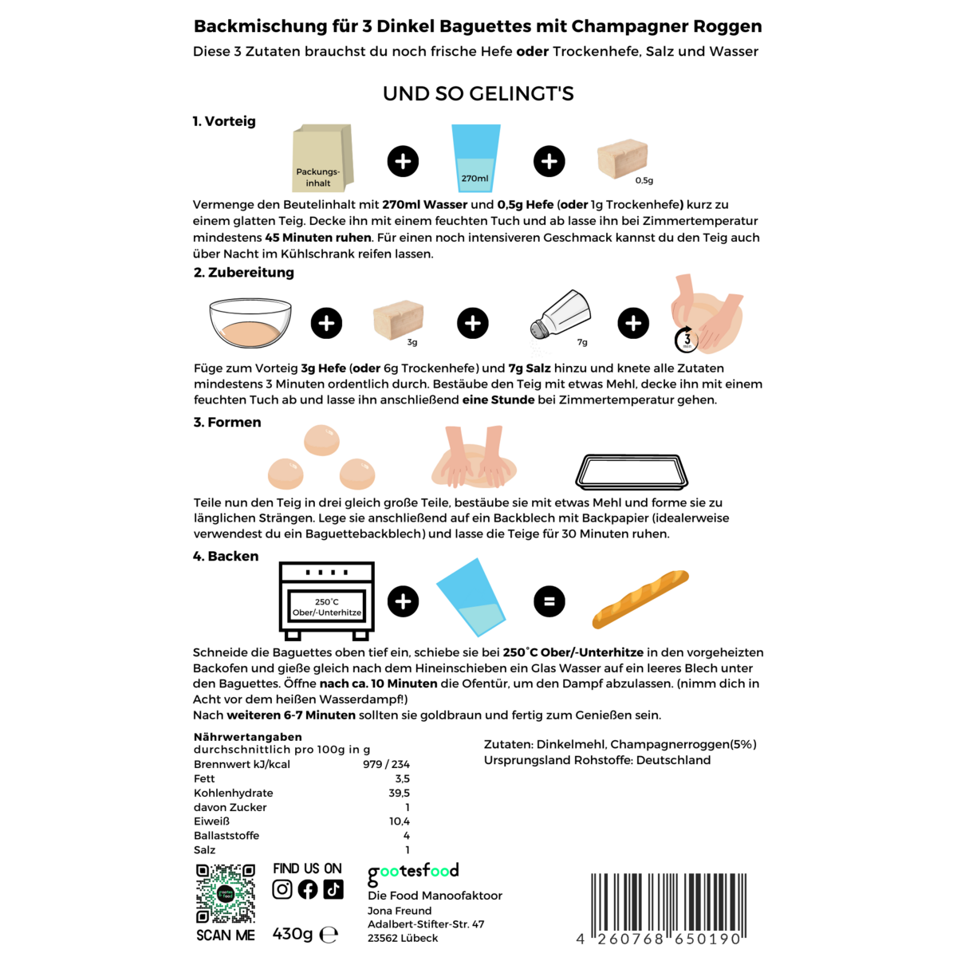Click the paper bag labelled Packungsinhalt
click(322, 158)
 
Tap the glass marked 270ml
click(475, 158)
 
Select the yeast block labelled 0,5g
click(622, 160)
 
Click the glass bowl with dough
click(250, 323)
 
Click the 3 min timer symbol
click(687, 340)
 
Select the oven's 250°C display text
click(327, 601)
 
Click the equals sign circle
click(549, 601)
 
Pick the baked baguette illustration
click(640, 599)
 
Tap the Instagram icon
click(282, 889)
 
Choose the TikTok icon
click(333, 889)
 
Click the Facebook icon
click(307, 889)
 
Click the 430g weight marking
click(293, 934)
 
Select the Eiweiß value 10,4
click(400, 821)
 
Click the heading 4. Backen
click(226, 556)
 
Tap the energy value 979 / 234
click(386, 764)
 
